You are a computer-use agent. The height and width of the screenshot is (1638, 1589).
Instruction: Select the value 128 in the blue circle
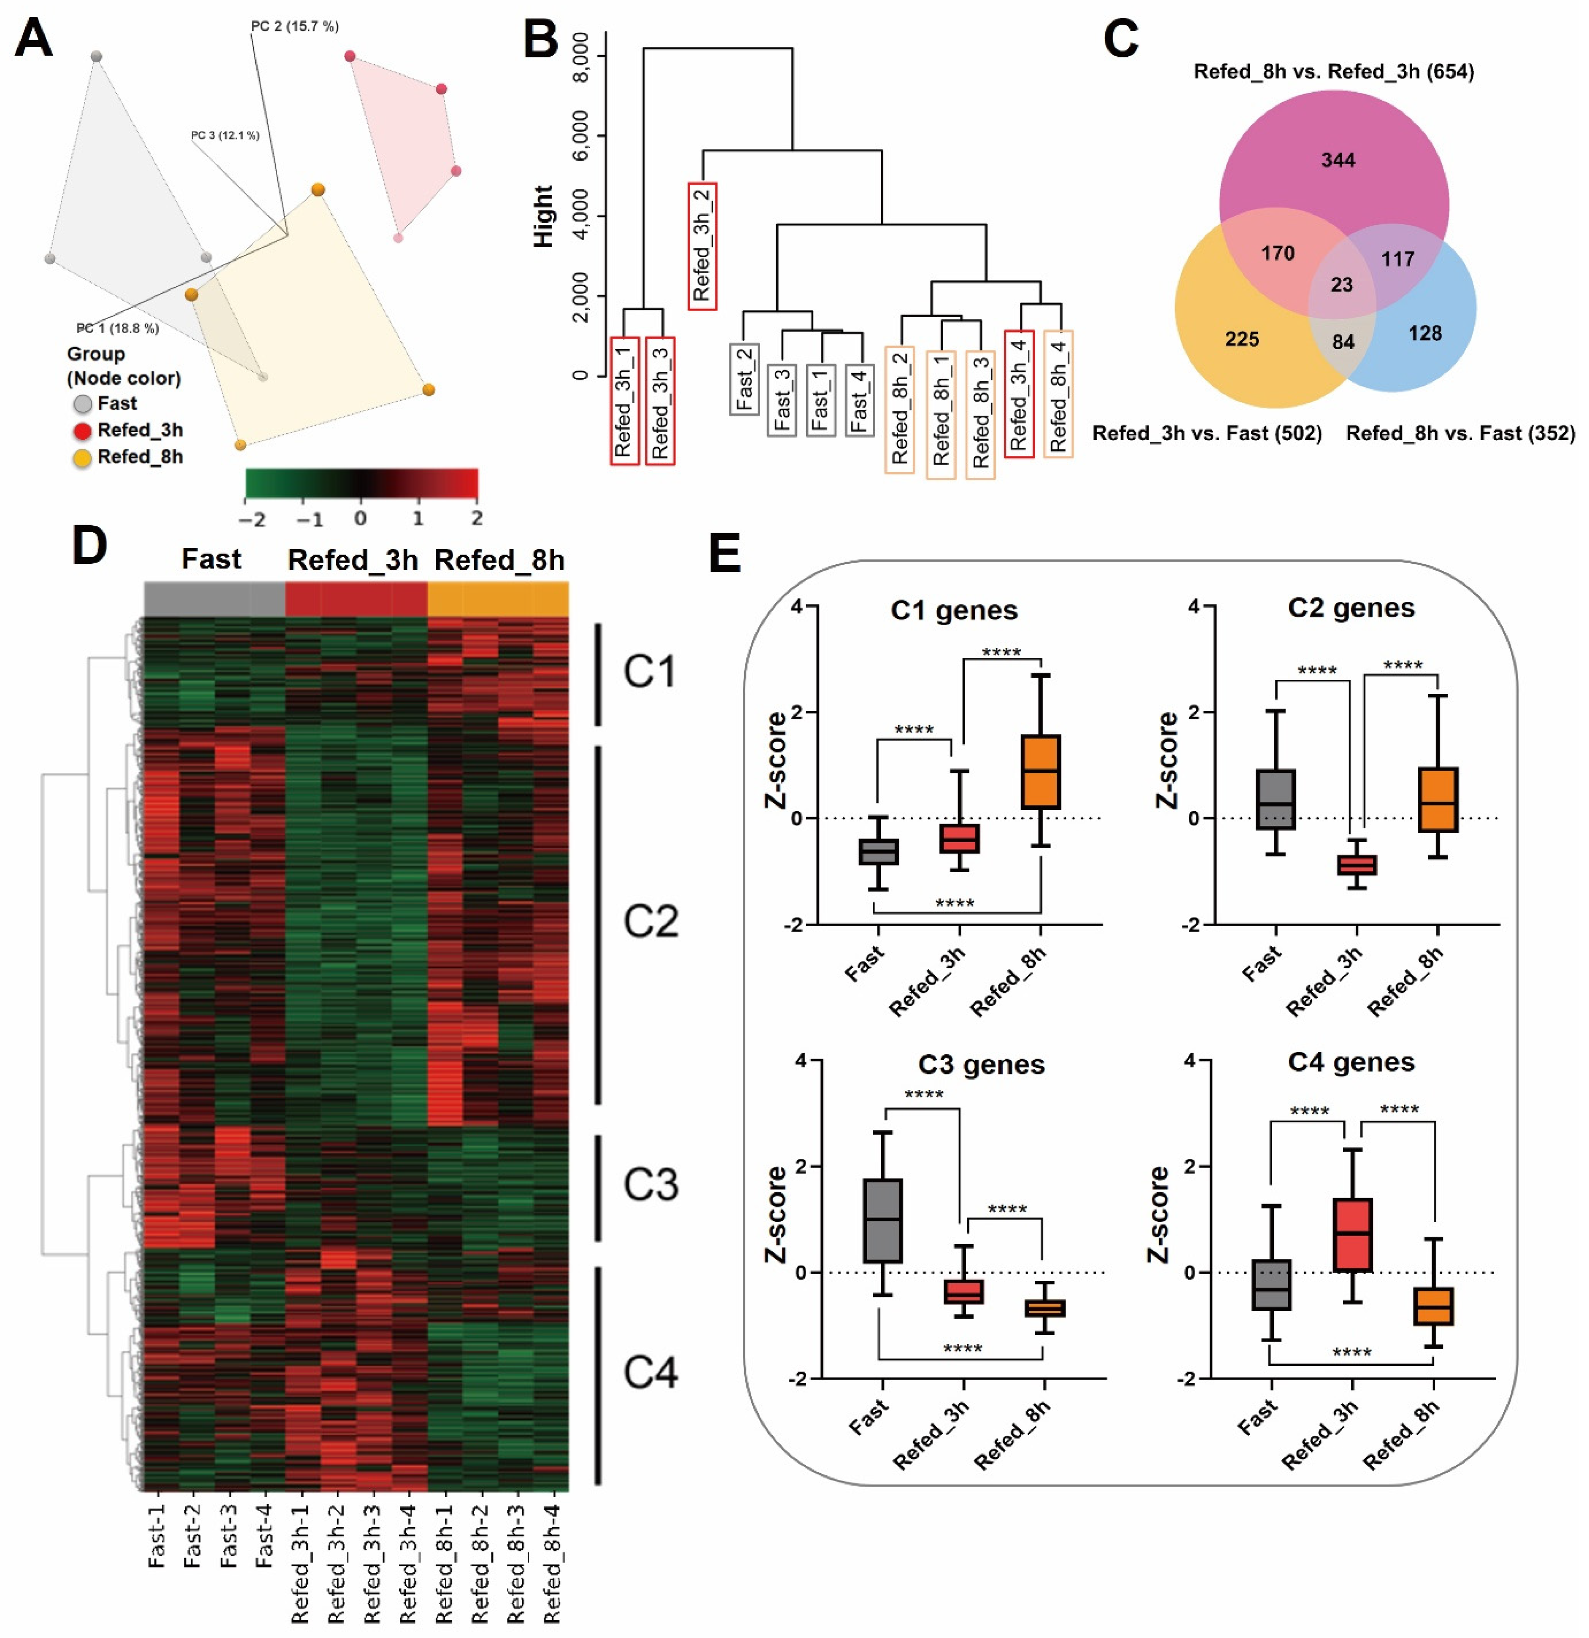tap(1424, 334)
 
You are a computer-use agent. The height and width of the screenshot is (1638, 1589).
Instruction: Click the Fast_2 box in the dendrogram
tap(744, 379)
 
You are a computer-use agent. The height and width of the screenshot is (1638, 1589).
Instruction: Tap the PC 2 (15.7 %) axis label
tap(294, 27)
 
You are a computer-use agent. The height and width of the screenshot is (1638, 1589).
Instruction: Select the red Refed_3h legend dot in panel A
tap(82, 431)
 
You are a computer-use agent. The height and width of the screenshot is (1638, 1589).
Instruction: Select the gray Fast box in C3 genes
tap(882, 1220)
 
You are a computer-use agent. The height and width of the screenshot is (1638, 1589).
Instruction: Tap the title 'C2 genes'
tap(1351, 608)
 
